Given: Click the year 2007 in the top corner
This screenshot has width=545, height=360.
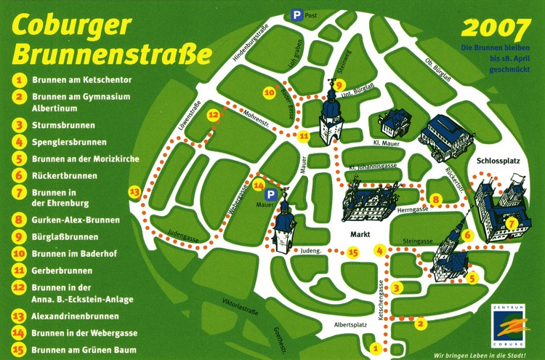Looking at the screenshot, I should (x=496, y=28).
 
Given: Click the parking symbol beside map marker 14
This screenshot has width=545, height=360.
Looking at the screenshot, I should (x=270, y=195).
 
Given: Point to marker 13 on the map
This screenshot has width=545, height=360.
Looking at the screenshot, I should (x=134, y=192).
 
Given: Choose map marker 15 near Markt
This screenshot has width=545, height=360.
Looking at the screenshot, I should (x=353, y=253).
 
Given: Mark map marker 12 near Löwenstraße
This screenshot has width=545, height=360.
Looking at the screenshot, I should (x=213, y=115).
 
